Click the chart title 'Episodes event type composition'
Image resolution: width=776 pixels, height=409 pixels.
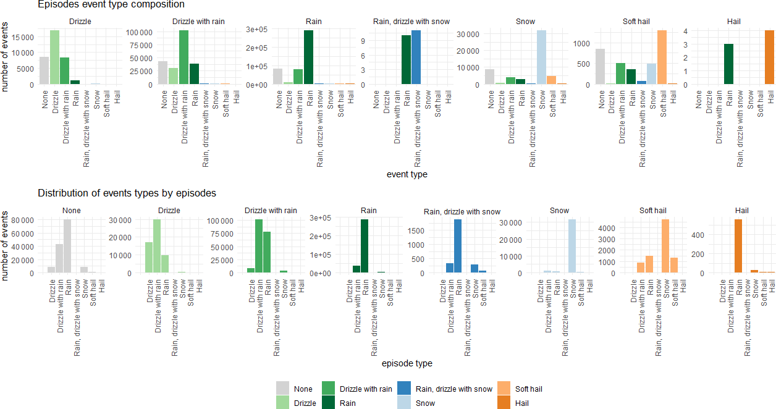[111, 5]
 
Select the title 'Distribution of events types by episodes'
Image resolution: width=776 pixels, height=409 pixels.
[127, 193]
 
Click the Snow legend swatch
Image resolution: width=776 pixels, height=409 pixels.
[405, 403]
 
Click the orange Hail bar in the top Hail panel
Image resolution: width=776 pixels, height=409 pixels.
[769, 57]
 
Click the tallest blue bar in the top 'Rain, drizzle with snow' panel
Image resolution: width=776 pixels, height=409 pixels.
[416, 57]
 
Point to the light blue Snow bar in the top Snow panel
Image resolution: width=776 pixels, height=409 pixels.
[542, 57]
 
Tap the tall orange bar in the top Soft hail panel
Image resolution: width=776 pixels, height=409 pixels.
[662, 57]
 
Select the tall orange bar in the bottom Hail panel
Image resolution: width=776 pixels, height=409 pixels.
[738, 246]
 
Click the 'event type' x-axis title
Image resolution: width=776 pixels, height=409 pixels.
[407, 175]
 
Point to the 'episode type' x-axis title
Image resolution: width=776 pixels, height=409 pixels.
[407, 364]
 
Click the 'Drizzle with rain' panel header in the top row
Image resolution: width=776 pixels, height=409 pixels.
[198, 22]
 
